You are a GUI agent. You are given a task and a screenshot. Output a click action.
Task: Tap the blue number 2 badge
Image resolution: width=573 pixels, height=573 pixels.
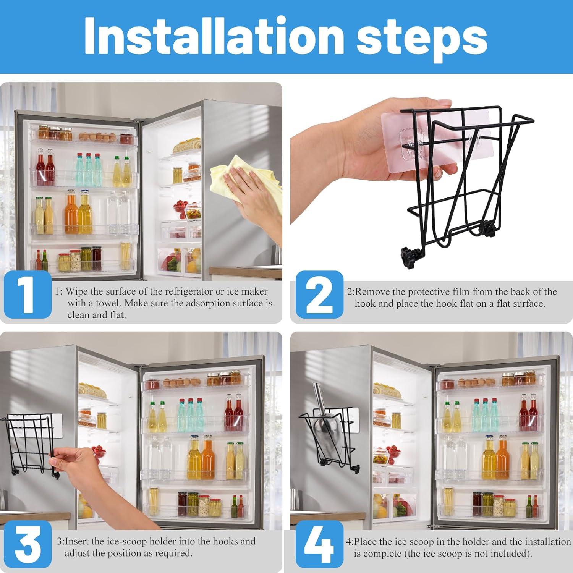319,295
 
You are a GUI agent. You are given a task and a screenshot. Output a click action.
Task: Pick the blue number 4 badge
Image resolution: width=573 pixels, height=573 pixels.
319,544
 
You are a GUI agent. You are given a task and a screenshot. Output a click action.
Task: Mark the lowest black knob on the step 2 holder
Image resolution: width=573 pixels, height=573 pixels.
408,253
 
